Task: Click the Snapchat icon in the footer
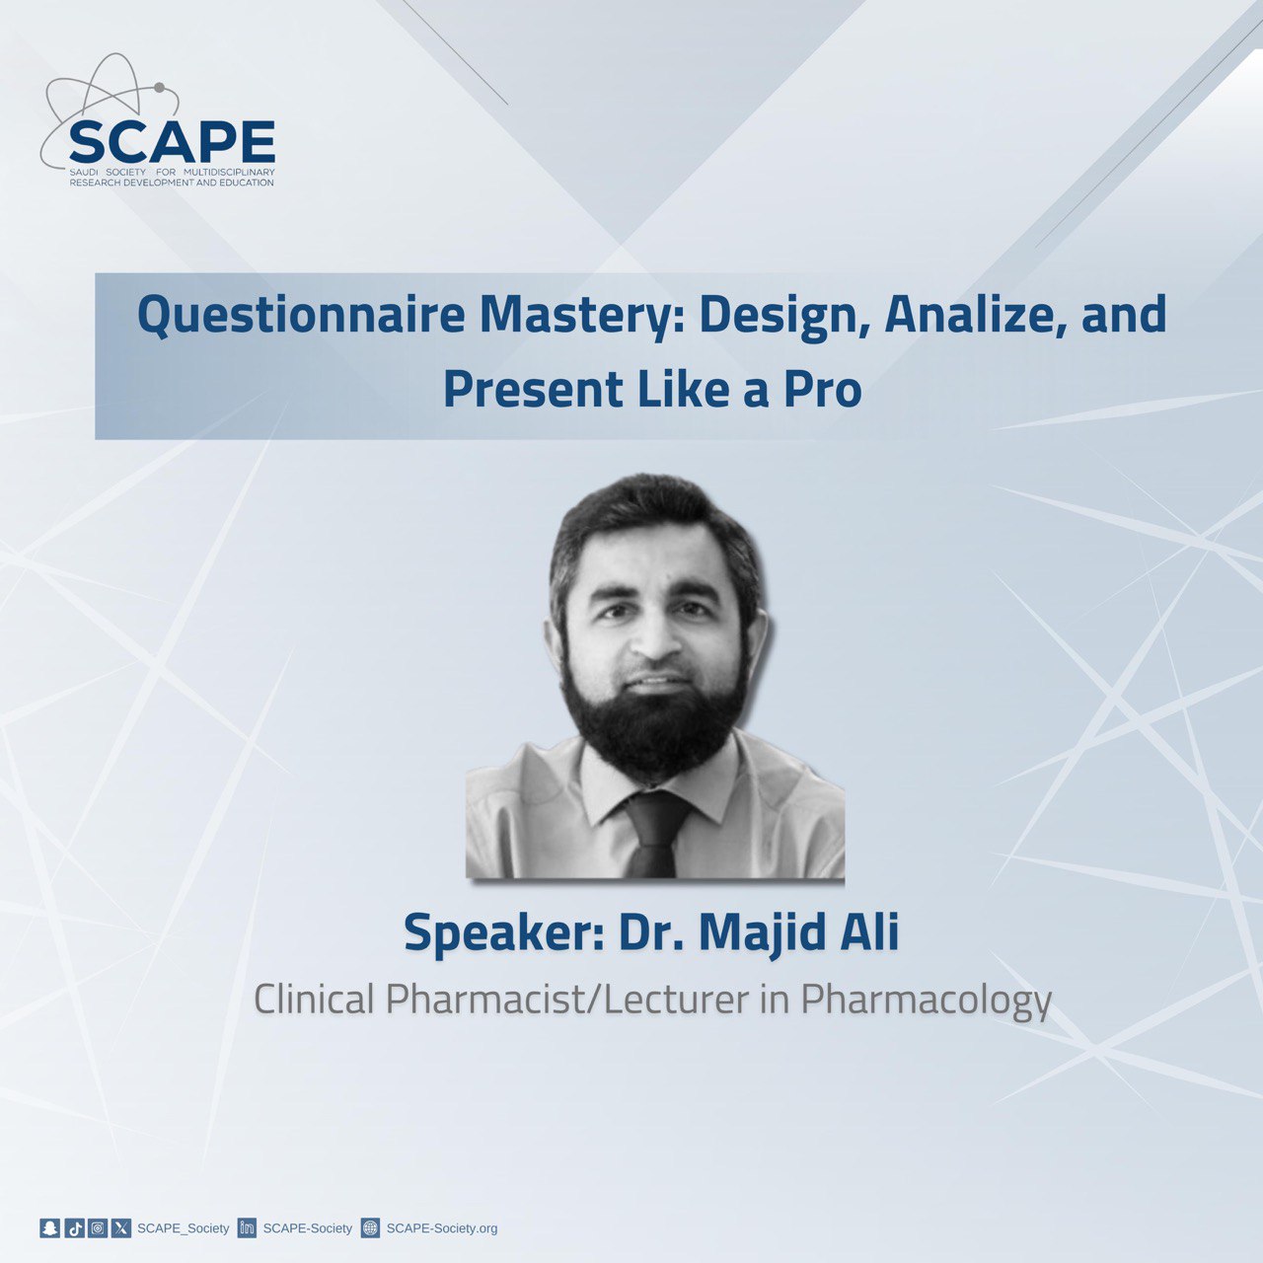tap(49, 1227)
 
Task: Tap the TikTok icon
tap(75, 1227)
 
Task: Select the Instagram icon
tap(98, 1227)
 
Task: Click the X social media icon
tap(121, 1227)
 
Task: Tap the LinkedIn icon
tap(247, 1227)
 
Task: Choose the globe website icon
tap(370, 1227)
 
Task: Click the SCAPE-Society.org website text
tap(442, 1228)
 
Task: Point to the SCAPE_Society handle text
tap(183, 1228)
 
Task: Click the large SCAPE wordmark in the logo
tap(172, 141)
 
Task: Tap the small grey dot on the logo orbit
tap(159, 87)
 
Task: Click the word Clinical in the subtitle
tap(314, 1000)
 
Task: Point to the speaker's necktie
tap(654, 833)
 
